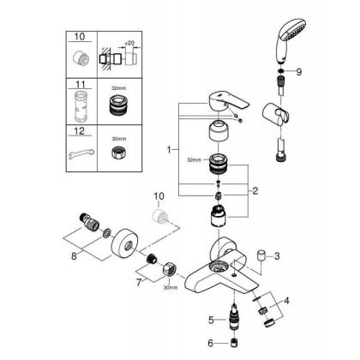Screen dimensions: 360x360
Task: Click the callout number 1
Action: pyautogui.click(x=170, y=150)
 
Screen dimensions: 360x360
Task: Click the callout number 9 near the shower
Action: pyautogui.click(x=298, y=73)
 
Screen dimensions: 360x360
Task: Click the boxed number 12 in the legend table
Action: pyautogui.click(x=81, y=131)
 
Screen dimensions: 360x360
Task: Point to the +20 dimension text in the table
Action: pyautogui.click(x=130, y=40)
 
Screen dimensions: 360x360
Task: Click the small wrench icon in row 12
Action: pyautogui.click(x=82, y=156)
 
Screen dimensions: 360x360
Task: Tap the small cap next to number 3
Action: pyautogui.click(x=261, y=255)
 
